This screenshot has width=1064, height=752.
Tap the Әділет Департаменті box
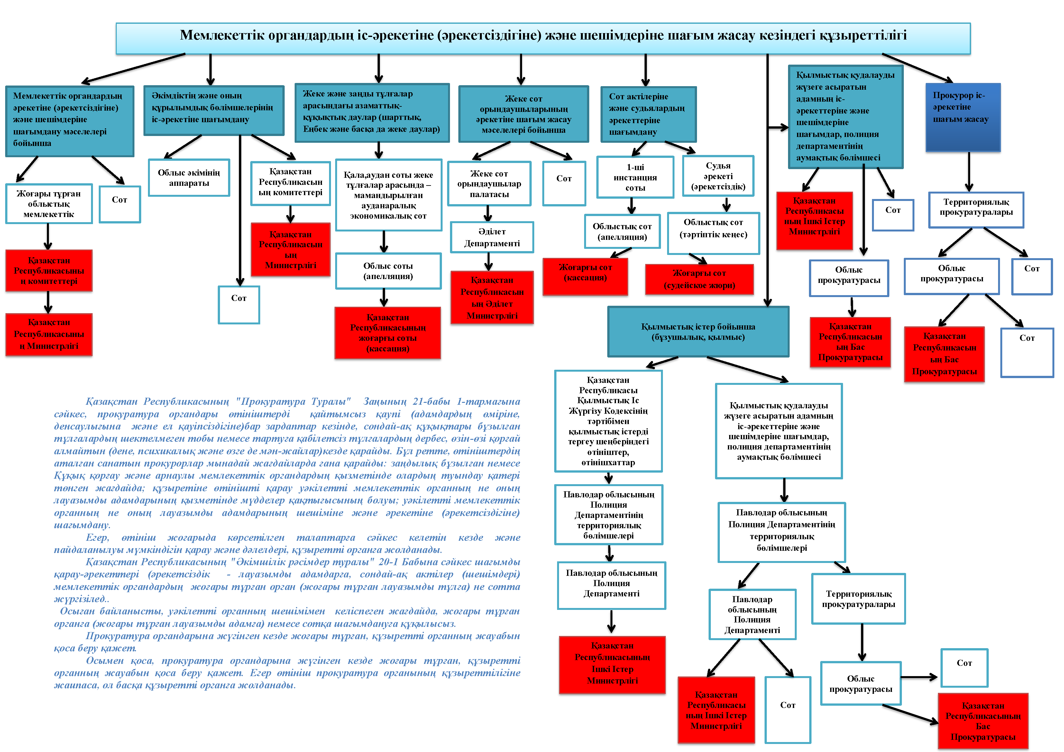tap(492, 237)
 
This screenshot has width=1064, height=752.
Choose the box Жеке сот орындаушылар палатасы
tap(489, 184)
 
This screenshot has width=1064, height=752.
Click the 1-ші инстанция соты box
tap(635, 177)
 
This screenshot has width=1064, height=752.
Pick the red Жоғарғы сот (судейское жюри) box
tap(699, 279)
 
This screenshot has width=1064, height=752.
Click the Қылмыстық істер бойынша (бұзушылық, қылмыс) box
tap(698, 332)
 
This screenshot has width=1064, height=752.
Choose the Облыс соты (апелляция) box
tap(388, 271)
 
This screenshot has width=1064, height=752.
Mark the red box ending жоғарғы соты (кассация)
tap(387, 333)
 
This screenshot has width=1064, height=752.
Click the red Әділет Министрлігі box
tap(492, 297)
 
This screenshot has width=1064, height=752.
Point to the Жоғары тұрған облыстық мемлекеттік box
tap(49, 204)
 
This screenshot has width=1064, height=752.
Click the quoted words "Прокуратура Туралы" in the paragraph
tap(293, 401)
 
